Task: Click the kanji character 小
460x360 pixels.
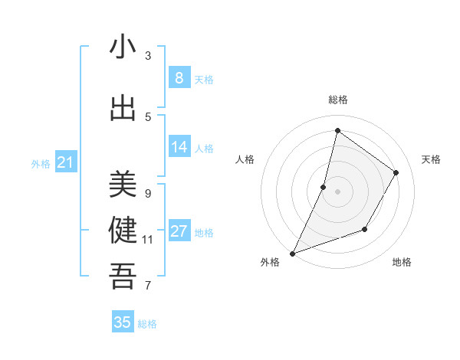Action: point(123,48)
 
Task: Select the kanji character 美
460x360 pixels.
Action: point(123,185)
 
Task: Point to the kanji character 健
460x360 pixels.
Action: point(123,231)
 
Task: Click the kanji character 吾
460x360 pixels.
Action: point(123,277)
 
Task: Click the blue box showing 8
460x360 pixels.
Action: point(179,77)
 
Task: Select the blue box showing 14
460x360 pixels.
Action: point(179,147)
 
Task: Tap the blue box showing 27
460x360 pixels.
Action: point(179,231)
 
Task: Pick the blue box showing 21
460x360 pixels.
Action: point(66,162)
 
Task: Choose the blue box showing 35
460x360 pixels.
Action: point(123,322)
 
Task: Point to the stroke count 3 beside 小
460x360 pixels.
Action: point(148,55)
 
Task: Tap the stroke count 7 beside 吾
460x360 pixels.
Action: point(148,286)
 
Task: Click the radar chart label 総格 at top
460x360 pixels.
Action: point(337,100)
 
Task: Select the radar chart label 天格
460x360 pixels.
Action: point(431,159)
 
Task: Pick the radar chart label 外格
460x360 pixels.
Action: point(270,263)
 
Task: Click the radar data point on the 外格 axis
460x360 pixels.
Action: point(292,253)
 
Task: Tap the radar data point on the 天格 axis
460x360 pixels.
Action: point(396,172)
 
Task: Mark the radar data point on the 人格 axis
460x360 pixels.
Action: point(324,187)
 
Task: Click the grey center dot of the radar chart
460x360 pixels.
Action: point(337,191)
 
